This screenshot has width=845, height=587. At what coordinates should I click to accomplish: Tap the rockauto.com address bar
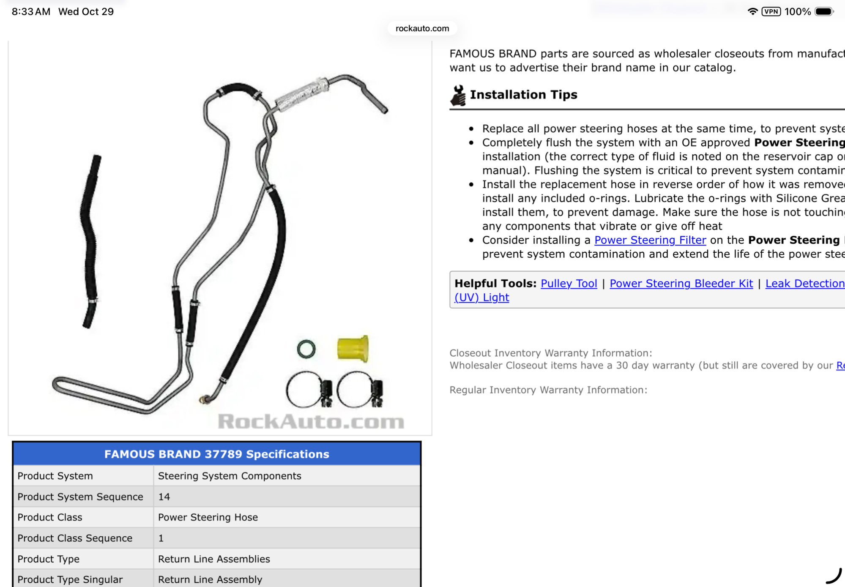[422, 28]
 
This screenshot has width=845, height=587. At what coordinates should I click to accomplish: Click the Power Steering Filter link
[650, 240]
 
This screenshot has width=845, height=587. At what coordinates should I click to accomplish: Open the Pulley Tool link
[569, 283]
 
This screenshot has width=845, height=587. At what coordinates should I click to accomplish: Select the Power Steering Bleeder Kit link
[681, 283]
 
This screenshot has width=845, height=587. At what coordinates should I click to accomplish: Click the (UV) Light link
[481, 298]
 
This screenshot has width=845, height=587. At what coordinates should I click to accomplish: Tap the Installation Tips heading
[523, 95]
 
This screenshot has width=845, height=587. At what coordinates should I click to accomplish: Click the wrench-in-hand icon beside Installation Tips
[458, 95]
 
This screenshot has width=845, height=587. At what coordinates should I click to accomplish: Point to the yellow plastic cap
[353, 349]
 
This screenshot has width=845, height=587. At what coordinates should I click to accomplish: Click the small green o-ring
[306, 349]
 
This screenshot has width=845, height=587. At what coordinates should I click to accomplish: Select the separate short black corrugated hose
[90, 241]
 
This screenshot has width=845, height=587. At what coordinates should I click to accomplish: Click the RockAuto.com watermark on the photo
[311, 421]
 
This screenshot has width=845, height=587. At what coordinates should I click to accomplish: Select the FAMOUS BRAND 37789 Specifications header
[216, 454]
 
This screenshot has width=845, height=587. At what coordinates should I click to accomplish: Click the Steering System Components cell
[230, 476]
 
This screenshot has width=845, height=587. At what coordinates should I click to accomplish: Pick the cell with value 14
[164, 497]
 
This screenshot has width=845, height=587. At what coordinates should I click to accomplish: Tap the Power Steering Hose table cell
[208, 517]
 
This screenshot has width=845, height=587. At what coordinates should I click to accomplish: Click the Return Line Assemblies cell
[214, 559]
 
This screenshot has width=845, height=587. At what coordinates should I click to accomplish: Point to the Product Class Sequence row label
[75, 538]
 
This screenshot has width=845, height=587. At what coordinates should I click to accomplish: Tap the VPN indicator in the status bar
[771, 11]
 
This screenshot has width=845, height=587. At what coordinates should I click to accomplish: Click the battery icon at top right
[823, 11]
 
